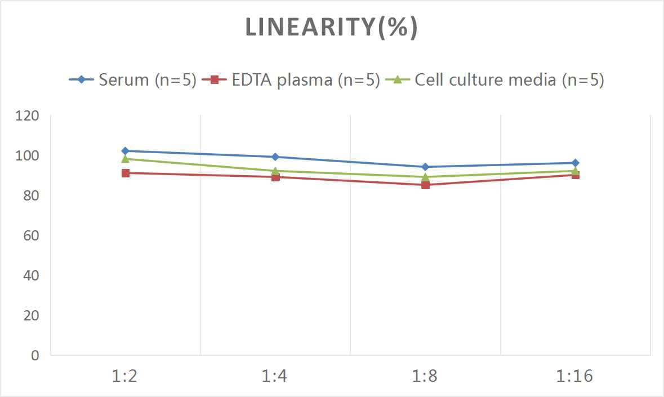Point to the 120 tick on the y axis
pos(28,116)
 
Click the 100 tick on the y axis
pos(28,156)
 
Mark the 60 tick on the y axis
pos(31,235)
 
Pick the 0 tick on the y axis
pos(35,355)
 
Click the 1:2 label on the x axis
pos(125,376)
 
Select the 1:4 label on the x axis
pos(275,376)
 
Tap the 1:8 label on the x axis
pos(425,376)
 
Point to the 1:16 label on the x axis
pos(574,376)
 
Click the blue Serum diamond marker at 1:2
pos(125,151)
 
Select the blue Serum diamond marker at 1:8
pos(425,167)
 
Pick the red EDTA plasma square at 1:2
pos(125,173)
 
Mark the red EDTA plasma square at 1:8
pos(425,185)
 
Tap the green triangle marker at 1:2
pos(125,159)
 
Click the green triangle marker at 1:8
pos(425,177)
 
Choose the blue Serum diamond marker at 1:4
pos(275,157)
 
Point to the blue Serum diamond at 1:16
pos(575,163)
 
